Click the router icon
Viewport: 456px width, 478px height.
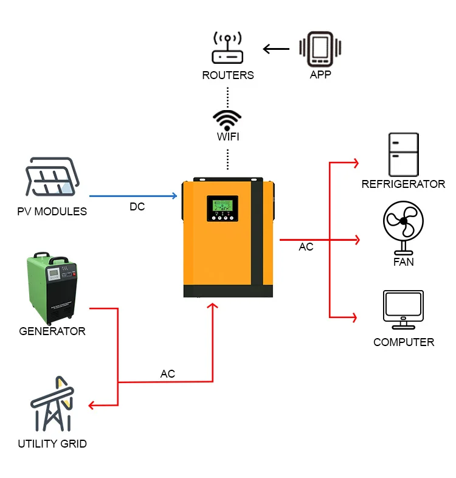pyautogui.click(x=227, y=49)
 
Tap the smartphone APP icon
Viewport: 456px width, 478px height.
pyautogui.click(x=320, y=49)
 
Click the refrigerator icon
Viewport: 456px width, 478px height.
pyautogui.click(x=403, y=154)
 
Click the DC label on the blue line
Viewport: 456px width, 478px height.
pyautogui.click(x=137, y=207)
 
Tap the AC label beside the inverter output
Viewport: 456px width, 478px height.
pyautogui.click(x=306, y=248)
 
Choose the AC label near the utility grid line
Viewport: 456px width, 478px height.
pyautogui.click(x=168, y=374)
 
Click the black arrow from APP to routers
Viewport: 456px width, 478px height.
pyautogui.click(x=277, y=49)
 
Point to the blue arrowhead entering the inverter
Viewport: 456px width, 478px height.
pyautogui.click(x=174, y=196)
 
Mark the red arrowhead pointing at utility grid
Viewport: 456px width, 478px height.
pyautogui.click(x=92, y=405)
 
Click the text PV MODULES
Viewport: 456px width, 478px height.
pyautogui.click(x=52, y=212)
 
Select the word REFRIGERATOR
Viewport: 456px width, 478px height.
pyautogui.click(x=403, y=184)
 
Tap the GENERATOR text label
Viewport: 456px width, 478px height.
pyautogui.click(x=52, y=331)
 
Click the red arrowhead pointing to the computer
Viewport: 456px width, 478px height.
pyautogui.click(x=355, y=317)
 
